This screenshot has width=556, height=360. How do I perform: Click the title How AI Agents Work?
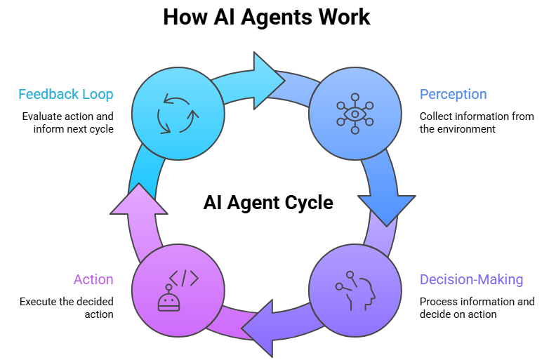coord(267,17)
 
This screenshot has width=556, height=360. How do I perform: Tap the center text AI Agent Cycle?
coord(268,203)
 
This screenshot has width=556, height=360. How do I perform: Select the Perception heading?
coord(453,94)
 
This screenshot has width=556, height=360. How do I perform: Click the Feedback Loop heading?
coord(66,94)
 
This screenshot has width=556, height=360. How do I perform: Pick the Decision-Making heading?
coord(471,279)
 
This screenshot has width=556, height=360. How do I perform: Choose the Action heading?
coord(93,279)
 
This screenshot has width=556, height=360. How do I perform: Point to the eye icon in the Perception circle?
coord(355,114)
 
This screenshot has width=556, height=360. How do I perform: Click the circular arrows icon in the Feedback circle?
coord(178,112)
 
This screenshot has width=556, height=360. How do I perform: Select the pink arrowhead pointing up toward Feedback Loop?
coord(140,201)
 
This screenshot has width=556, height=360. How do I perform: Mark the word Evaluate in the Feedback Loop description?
coord(41,116)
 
